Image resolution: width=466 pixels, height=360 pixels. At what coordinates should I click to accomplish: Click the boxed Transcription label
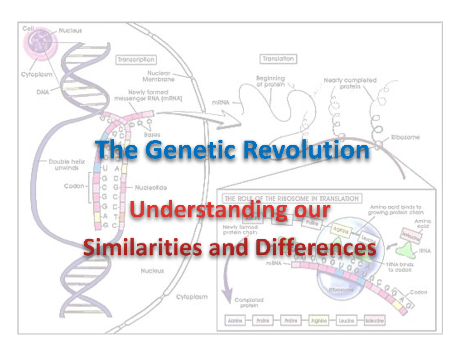pyautogui.click(x=136, y=60)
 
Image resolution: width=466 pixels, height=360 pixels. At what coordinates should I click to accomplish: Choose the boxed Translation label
pyautogui.click(x=278, y=59)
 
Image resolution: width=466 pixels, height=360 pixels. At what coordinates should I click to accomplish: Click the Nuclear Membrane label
pyautogui.click(x=161, y=76)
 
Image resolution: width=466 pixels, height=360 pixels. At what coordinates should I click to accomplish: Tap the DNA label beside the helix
pyautogui.click(x=43, y=92)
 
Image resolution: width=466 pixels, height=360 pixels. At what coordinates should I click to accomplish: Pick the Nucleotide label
pyautogui.click(x=151, y=188)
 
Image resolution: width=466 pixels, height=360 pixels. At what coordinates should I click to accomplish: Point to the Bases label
pyautogui.click(x=152, y=135)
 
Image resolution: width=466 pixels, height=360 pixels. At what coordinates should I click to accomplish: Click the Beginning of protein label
pyautogui.click(x=270, y=81)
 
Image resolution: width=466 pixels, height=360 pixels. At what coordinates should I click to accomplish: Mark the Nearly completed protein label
pyautogui.click(x=350, y=83)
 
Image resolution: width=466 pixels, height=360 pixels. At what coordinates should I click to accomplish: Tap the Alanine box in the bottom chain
pyautogui.click(x=235, y=321)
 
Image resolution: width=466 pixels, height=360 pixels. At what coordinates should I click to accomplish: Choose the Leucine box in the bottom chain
pyautogui.click(x=346, y=321)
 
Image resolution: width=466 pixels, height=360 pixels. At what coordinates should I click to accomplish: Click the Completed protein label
pyautogui.click(x=249, y=303)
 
